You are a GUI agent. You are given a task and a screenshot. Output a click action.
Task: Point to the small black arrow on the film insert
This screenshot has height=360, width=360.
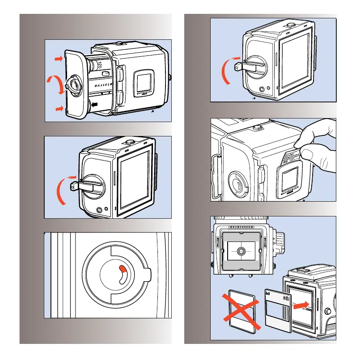click(94, 104)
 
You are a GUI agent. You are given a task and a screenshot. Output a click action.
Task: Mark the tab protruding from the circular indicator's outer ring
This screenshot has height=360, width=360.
click(149, 274)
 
